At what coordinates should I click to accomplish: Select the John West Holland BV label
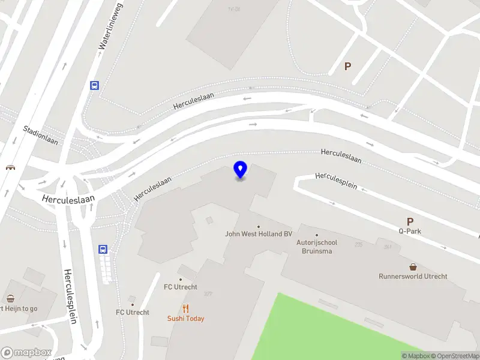[258, 234]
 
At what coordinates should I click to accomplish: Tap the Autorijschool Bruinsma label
[317, 247]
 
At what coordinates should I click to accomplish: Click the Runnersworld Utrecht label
[413, 277]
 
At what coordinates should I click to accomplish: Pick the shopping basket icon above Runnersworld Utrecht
[413, 266]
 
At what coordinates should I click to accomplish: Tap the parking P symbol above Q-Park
[410, 221]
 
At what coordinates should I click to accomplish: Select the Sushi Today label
[185, 319]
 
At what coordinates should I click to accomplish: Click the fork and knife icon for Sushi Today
[186, 309]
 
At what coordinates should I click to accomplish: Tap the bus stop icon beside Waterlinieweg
[95, 85]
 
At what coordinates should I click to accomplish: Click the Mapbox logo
[26, 352]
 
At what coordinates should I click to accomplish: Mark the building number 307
[208, 294]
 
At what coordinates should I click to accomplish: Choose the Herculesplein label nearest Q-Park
[337, 181]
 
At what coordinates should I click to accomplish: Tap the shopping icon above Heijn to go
[10, 298]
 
